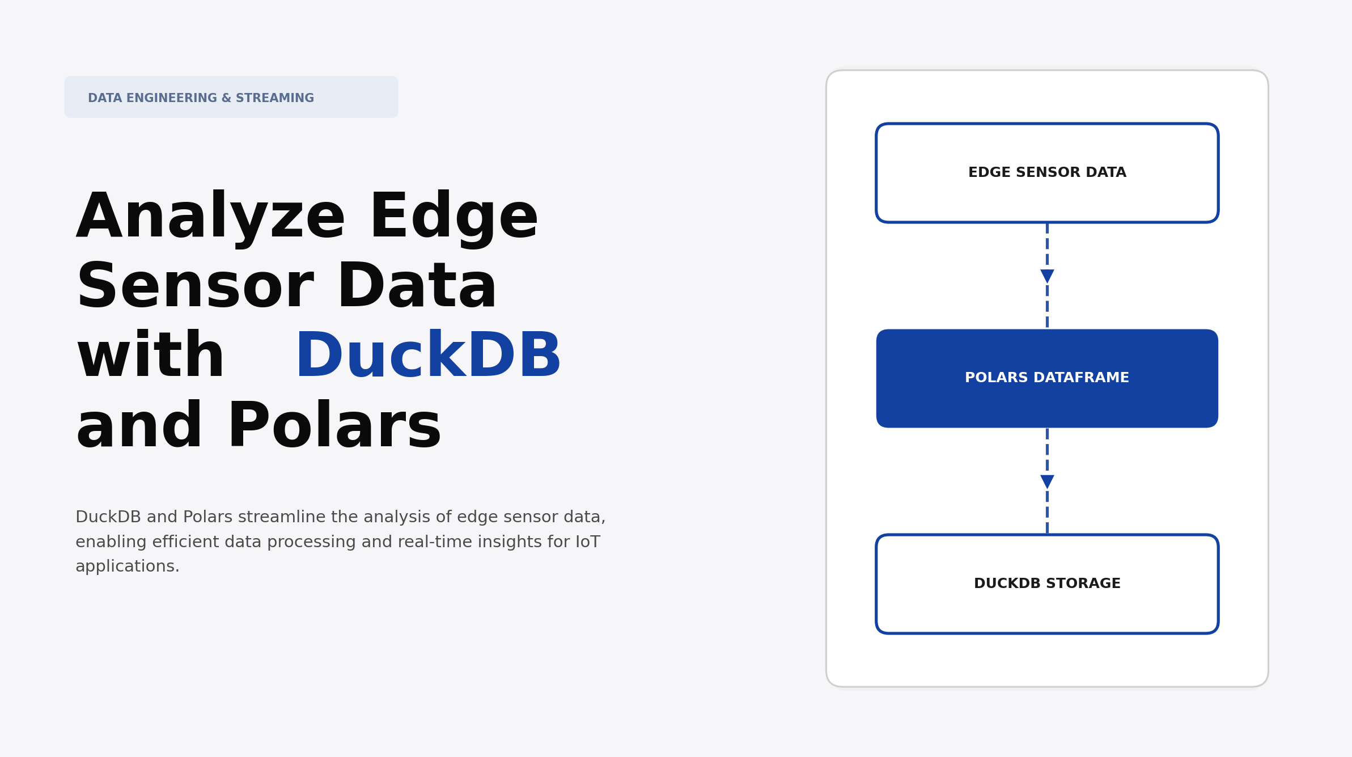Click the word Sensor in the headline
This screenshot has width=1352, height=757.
(x=195, y=287)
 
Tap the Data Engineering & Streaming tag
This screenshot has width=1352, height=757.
(x=231, y=97)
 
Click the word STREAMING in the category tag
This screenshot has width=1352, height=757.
(x=275, y=98)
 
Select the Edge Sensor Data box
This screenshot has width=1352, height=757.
(x=1047, y=172)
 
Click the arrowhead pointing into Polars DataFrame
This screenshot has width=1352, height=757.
(x=1047, y=276)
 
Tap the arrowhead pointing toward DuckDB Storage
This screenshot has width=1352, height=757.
(x=1047, y=482)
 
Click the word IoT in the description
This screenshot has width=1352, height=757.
(x=587, y=542)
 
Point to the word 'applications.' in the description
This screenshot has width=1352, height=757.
(x=128, y=566)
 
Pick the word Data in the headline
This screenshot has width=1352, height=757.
(x=417, y=287)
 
